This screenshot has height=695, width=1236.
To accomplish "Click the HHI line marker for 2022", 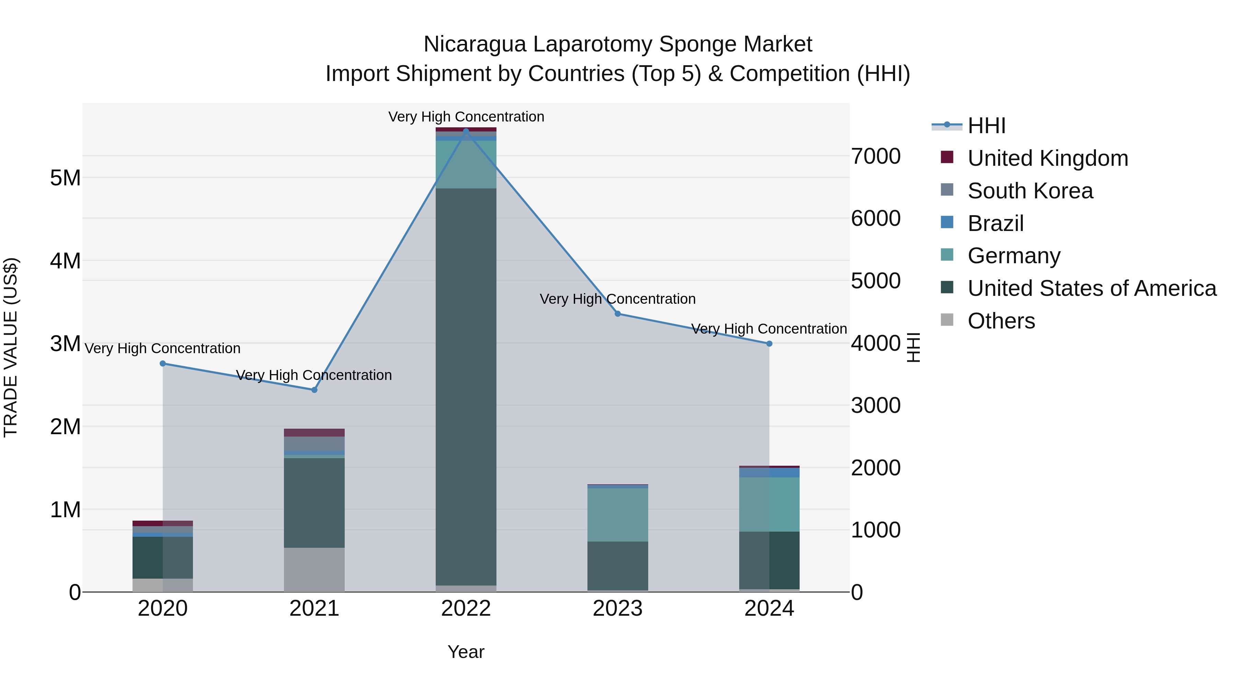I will (x=466, y=131).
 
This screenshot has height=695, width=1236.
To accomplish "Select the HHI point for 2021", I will (x=314, y=390).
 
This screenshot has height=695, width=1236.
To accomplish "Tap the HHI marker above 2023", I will (x=618, y=314).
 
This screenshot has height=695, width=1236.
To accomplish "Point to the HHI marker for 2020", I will (x=163, y=363).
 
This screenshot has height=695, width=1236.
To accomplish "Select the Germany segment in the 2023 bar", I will (x=618, y=515).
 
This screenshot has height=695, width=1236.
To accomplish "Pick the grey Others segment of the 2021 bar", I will (x=314, y=569).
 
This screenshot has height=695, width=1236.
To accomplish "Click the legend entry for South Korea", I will (x=1030, y=191).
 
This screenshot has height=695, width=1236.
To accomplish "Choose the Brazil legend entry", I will (x=996, y=223).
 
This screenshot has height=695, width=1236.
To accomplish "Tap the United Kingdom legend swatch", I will (x=947, y=157).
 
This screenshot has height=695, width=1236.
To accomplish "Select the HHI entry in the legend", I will (x=986, y=126).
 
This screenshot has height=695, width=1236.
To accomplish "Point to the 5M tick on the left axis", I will (x=65, y=178).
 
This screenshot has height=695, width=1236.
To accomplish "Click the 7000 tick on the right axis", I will (x=875, y=157).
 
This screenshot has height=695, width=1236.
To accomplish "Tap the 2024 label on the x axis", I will (x=769, y=609).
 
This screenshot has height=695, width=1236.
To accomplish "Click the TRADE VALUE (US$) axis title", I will (x=11, y=347).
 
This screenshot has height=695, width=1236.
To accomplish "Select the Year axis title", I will (x=466, y=652).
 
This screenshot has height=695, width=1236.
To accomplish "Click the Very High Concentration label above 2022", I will (x=466, y=117).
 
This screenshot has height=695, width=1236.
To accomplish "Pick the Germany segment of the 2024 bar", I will (x=769, y=504).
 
